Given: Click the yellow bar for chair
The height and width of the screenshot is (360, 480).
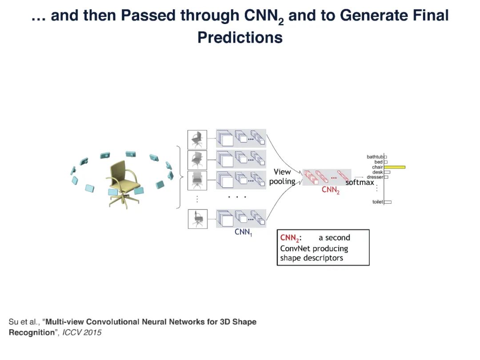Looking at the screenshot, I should click(394, 167).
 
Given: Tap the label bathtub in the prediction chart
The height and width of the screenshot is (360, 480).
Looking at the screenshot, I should click(375, 157).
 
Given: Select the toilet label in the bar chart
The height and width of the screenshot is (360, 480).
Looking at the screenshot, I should click(377, 202).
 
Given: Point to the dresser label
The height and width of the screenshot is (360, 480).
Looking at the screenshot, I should click(375, 177).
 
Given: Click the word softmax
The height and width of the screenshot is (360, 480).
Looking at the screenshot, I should click(360, 183).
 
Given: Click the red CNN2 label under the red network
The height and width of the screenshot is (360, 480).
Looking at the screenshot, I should click(330, 191).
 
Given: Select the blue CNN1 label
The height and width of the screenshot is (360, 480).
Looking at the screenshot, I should click(243, 232).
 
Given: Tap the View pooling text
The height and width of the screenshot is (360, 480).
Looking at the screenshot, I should click(282, 176).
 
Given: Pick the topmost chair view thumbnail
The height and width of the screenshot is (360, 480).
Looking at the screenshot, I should click(197, 139).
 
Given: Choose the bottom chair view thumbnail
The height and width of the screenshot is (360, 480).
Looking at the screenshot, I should click(197, 219).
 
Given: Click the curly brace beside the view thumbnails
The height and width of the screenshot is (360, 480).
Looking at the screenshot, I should click(180, 177).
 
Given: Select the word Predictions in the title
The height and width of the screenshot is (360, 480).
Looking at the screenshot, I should click(240, 37).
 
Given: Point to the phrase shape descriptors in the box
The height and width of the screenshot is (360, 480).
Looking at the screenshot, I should click(312, 258).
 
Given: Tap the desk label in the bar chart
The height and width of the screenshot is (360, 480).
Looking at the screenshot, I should click(378, 172).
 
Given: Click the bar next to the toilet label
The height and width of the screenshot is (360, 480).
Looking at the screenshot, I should click(388, 202).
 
